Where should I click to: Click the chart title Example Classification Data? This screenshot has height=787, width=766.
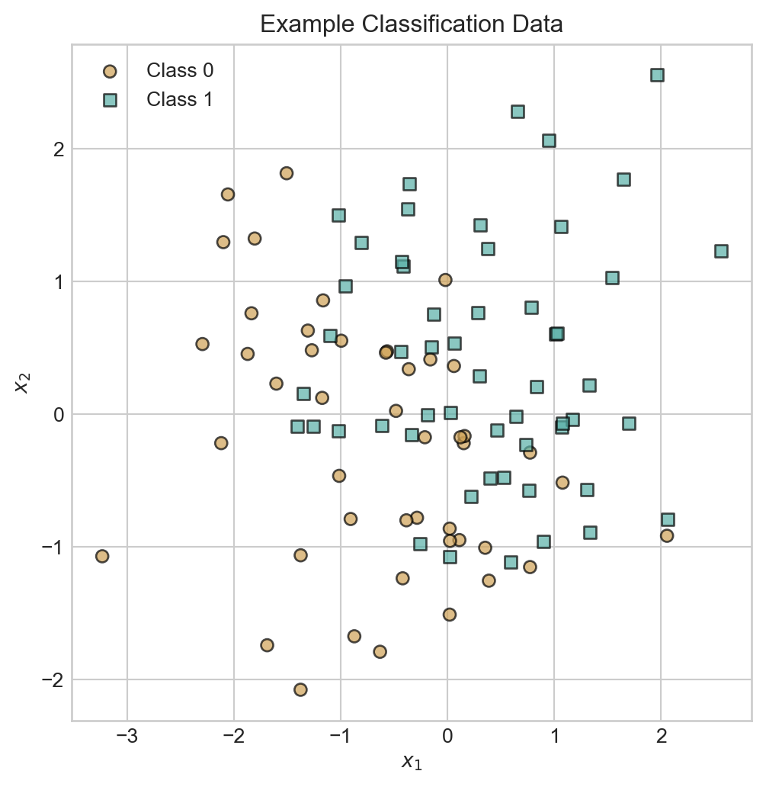(x=412, y=24)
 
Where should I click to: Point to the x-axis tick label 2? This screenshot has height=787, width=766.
(x=661, y=737)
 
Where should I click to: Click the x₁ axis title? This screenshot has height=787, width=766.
(x=412, y=761)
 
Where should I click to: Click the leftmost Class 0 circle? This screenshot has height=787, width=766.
(x=102, y=556)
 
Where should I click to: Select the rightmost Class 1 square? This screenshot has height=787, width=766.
(x=721, y=251)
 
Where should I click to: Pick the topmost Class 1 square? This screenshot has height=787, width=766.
(x=657, y=75)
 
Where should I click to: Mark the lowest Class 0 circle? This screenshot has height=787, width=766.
(x=300, y=689)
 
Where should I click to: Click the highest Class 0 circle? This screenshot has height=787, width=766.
(x=287, y=173)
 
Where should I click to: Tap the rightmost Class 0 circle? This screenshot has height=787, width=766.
(x=667, y=535)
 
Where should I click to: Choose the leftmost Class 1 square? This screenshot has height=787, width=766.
(x=297, y=426)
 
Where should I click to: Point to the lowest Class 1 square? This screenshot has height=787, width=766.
(x=511, y=562)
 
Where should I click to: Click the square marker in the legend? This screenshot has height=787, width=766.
(x=110, y=99)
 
